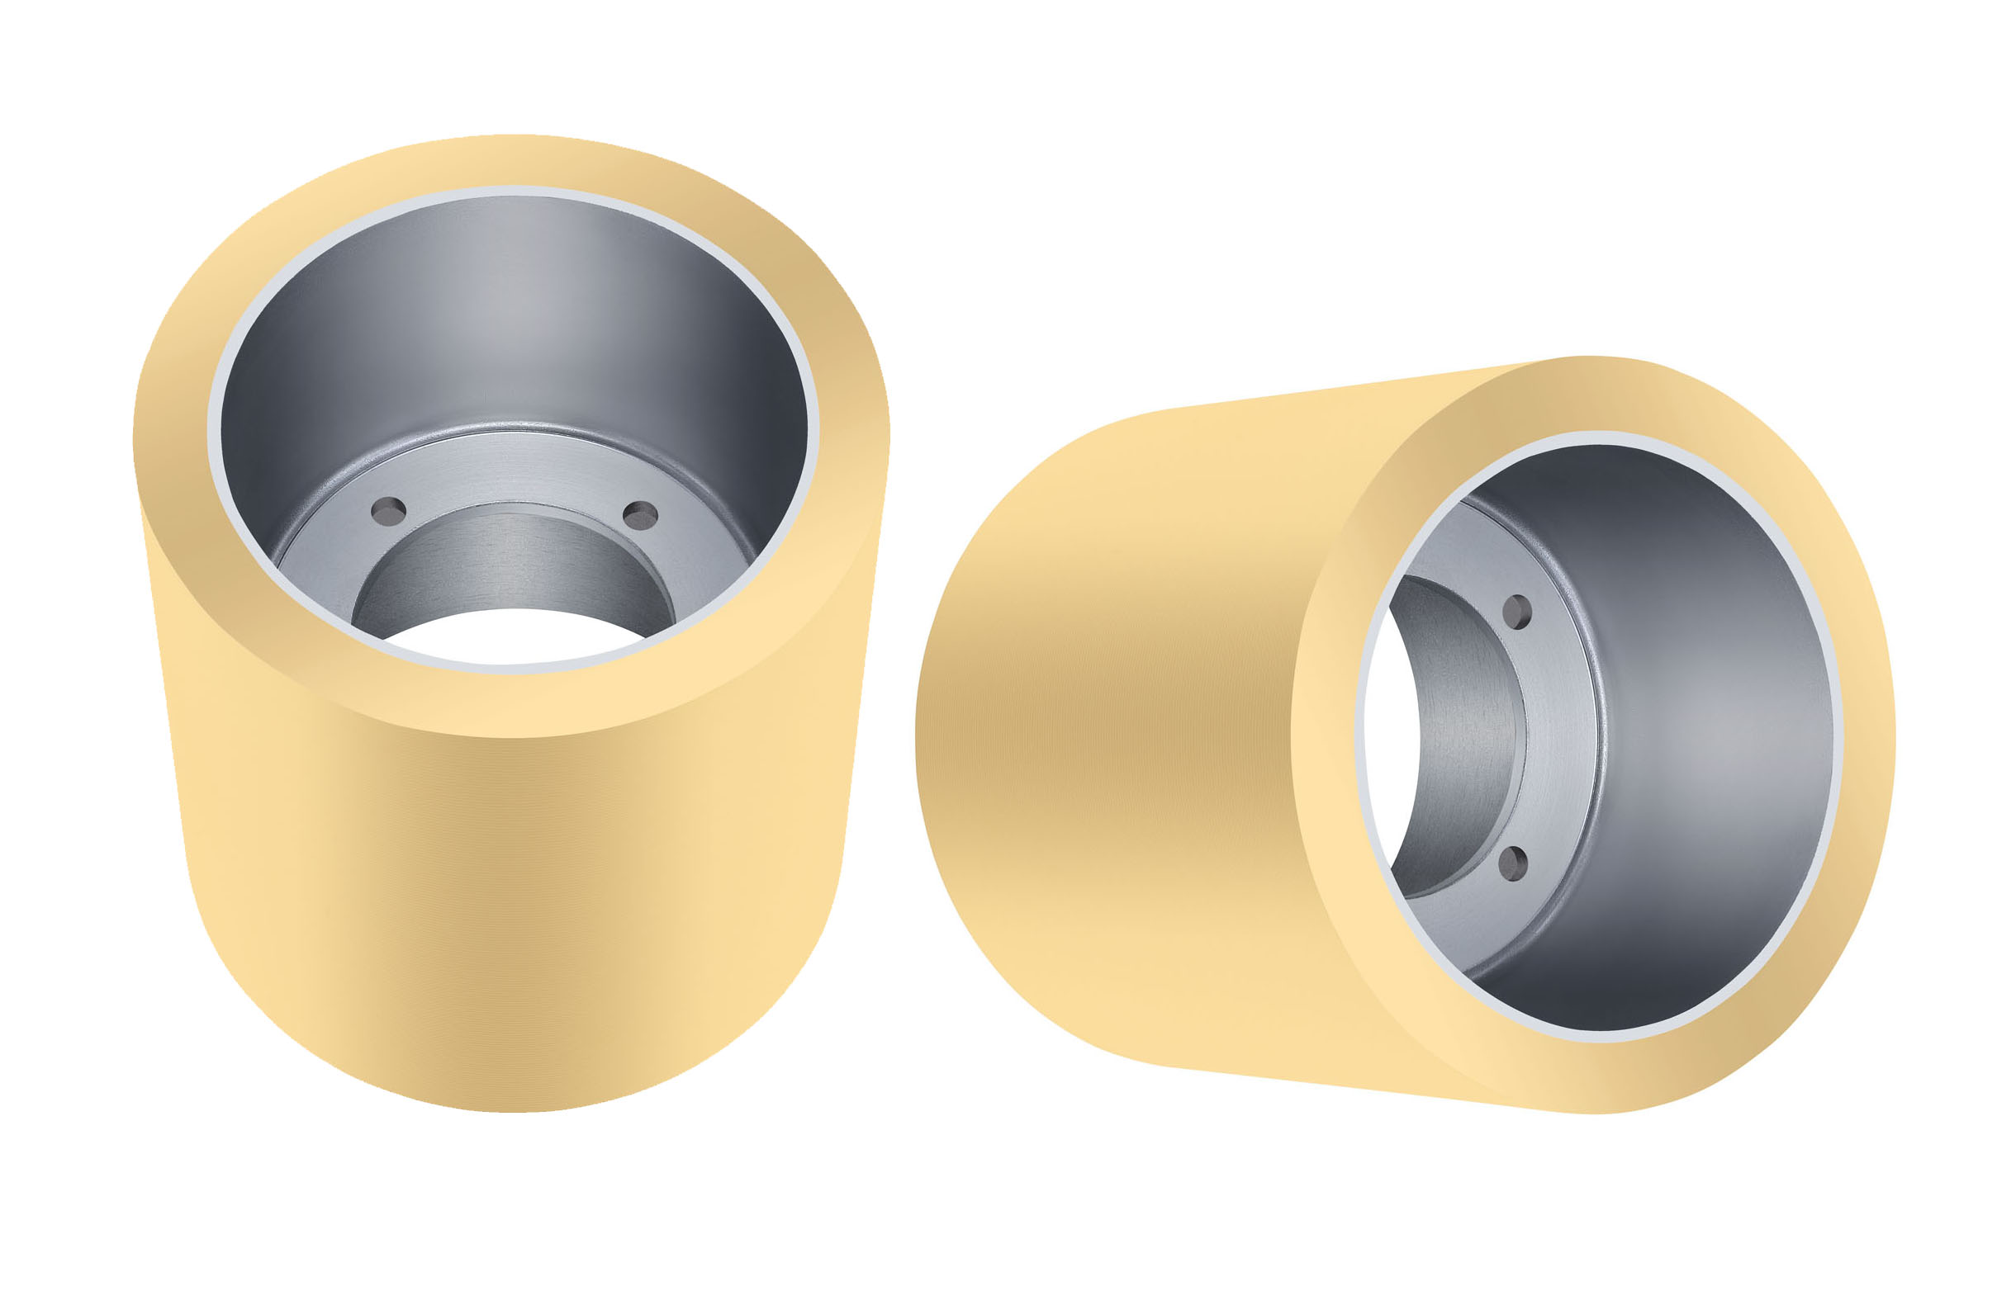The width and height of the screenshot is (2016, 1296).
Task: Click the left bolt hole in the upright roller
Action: pyautogui.click(x=389, y=511)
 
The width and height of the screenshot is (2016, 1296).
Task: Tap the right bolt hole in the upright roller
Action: pyautogui.click(x=640, y=515)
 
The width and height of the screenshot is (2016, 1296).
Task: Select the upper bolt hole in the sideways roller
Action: pyautogui.click(x=1516, y=612)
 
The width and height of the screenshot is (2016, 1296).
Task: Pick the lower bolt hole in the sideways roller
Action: pyautogui.click(x=1513, y=863)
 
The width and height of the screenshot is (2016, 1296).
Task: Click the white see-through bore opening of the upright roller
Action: pyautogui.click(x=514, y=636)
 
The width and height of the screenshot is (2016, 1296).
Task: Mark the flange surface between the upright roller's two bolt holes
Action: pyautogui.click(x=514, y=480)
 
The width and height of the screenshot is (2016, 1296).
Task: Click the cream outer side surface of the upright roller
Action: pyautogui.click(x=505, y=909)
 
